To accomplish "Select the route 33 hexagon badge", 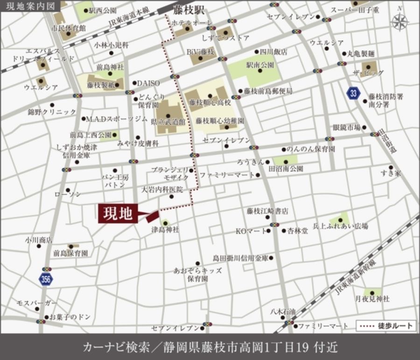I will coord(354,93).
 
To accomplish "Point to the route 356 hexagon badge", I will coord(46,279).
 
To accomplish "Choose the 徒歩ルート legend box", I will coord(386,325).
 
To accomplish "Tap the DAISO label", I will coord(148,83).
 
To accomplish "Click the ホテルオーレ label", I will coord(192,22).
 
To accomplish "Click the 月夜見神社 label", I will coord(372,298).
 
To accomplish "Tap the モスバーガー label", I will coord(36,303).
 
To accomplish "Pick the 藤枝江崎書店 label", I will coord(267,211).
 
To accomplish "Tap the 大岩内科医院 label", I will coord(162,190).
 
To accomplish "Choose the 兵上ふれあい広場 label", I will coord(340,226).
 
